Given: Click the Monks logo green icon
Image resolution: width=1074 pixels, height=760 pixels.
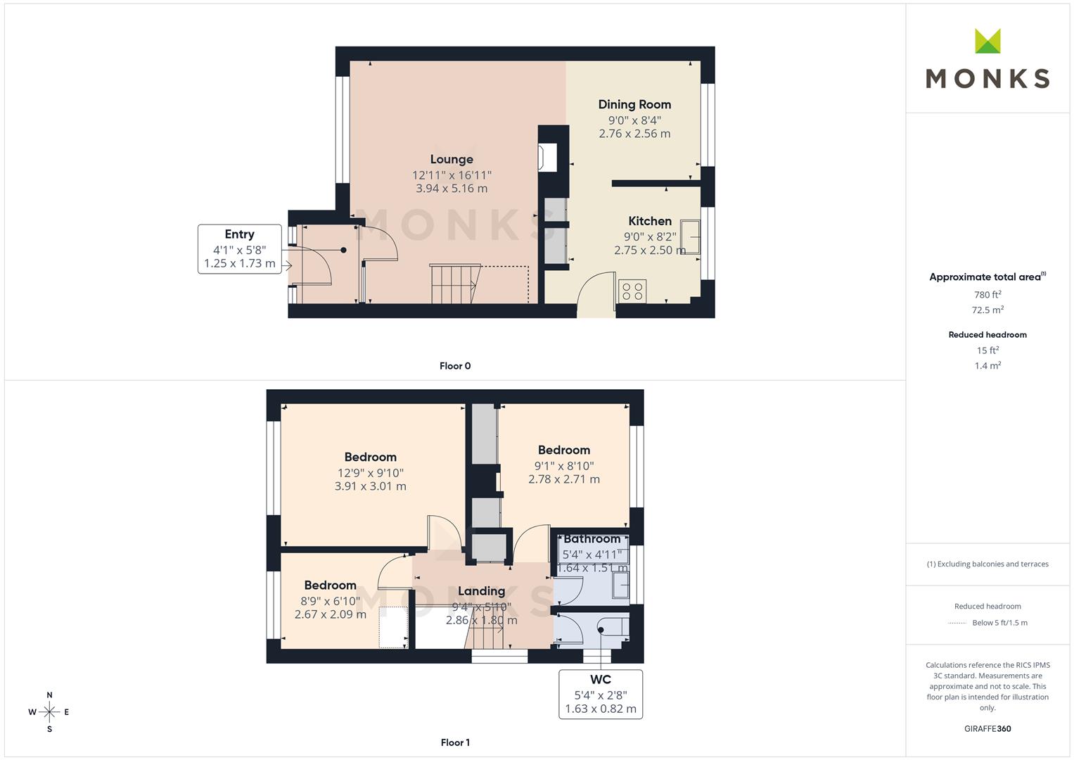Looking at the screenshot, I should (x=987, y=42).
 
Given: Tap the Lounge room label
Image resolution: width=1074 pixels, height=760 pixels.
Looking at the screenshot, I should (x=452, y=160).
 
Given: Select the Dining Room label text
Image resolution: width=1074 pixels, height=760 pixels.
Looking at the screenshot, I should (x=634, y=105).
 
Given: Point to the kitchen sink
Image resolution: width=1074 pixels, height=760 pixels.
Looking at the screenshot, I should (x=691, y=237).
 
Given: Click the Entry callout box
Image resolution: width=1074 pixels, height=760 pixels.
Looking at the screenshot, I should (x=240, y=249).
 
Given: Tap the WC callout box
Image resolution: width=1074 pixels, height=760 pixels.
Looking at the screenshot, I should (x=601, y=694).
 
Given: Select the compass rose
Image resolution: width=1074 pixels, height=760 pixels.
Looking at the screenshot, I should (x=49, y=712).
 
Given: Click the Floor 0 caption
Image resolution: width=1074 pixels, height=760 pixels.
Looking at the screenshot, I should (x=455, y=366).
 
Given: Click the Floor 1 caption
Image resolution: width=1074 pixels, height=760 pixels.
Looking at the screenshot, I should (x=455, y=742).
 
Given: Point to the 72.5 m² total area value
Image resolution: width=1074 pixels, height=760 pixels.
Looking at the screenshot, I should (x=987, y=310).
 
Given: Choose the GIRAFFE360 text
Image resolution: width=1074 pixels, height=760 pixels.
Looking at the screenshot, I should (x=987, y=728).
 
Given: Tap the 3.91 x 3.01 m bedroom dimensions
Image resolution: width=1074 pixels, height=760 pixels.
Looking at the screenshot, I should (x=371, y=486).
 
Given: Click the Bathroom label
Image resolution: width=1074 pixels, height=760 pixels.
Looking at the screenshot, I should (x=592, y=539).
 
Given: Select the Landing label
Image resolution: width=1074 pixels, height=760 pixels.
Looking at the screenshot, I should (x=481, y=591).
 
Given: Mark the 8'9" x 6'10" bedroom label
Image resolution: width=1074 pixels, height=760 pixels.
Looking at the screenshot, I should (x=331, y=601).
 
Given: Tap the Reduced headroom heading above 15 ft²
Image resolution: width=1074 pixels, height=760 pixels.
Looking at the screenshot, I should (x=987, y=335).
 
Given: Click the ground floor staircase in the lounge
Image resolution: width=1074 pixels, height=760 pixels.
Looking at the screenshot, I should (x=454, y=284).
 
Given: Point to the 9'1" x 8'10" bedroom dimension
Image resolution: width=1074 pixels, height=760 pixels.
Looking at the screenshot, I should (x=564, y=466).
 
